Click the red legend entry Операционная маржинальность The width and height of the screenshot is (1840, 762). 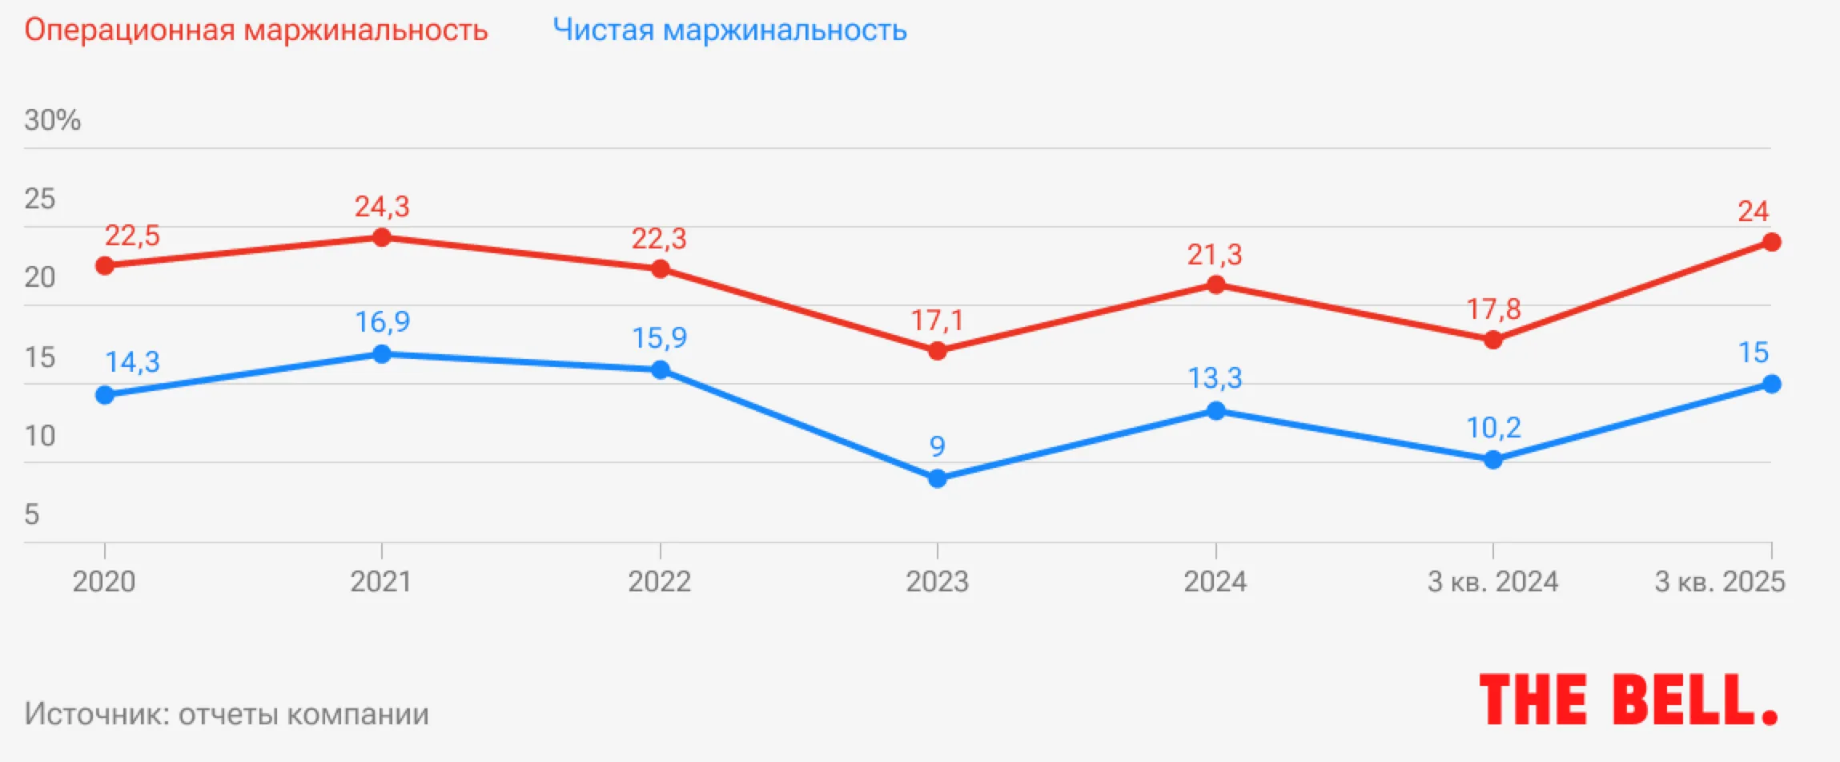255,30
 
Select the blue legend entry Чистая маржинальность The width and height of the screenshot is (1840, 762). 729,30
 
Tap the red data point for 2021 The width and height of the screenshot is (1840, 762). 382,237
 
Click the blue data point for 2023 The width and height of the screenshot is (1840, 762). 937,479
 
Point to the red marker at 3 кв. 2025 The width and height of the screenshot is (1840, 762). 1772,242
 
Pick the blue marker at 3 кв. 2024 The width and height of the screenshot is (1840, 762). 1492,460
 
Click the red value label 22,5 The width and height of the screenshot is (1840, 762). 132,236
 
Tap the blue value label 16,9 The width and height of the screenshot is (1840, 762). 382,322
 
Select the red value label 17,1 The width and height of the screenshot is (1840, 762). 937,321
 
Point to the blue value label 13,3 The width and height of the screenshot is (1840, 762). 1215,377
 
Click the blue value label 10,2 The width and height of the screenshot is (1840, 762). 1492,428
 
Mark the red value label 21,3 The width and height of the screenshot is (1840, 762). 1215,255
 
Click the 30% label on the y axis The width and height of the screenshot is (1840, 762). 53,120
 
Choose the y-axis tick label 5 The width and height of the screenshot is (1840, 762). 32,514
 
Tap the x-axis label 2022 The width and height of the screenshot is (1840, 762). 659,581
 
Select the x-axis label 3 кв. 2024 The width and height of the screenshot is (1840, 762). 1492,581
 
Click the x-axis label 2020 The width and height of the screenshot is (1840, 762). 104,581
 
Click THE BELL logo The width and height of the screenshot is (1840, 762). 1628,700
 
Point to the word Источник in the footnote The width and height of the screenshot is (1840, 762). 96,713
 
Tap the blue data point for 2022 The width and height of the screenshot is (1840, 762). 660,369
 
